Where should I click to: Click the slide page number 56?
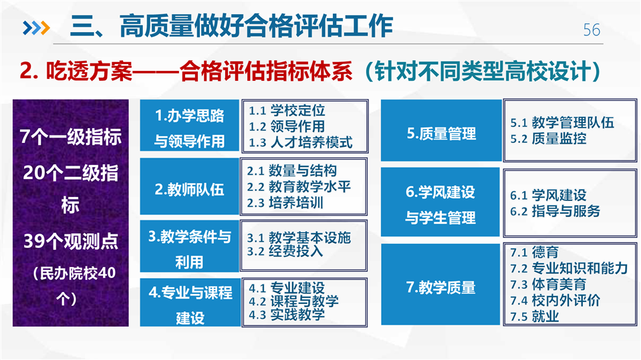tap(592, 30)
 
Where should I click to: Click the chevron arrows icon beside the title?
tap(36, 28)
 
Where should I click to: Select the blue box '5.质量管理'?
tap(441, 130)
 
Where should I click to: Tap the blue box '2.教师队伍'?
tap(189, 186)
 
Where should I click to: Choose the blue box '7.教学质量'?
tap(440, 285)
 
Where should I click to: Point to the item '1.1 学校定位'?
tap(287, 110)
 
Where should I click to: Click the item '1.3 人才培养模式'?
tap(301, 142)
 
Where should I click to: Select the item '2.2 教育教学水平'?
tap(299, 187)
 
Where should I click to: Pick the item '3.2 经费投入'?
tap(285, 251)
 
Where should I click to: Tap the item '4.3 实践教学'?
tap(287, 314)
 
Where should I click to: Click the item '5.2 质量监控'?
tap(548, 139)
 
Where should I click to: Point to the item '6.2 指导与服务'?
tap(555, 211)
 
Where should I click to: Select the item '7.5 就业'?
tap(534, 317)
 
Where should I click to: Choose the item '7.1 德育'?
tap(534, 252)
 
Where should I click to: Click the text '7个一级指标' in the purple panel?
tap(71, 137)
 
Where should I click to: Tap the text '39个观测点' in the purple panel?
tap(71, 241)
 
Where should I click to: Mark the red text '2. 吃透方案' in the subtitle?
tap(76, 71)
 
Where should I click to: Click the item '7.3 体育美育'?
tap(548, 285)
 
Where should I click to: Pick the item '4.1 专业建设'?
tap(287, 288)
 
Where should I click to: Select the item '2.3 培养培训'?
tap(285, 203)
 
